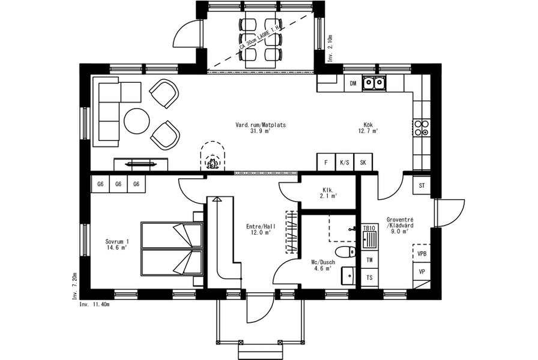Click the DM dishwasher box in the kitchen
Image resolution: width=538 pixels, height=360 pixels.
[x=353, y=83]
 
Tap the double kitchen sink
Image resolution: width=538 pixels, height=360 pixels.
[x=373, y=83]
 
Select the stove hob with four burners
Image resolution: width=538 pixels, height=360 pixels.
[x=422, y=128]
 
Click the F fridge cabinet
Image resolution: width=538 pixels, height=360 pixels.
[x=326, y=162]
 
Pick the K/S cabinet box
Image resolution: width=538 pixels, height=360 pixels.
[x=345, y=162]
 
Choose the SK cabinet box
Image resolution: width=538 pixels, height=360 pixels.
[x=363, y=162]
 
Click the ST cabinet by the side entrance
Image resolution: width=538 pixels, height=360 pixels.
[x=422, y=185]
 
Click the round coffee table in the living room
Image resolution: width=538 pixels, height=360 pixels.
[x=137, y=121]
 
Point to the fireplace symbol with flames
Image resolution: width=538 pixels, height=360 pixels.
[x=213, y=162]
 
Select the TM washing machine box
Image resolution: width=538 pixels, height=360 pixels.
[x=369, y=260]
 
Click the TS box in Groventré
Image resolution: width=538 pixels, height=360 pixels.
[x=369, y=277]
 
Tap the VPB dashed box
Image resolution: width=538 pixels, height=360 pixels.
[x=422, y=253]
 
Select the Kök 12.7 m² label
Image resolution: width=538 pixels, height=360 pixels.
[x=368, y=128]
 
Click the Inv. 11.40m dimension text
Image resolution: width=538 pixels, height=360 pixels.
[x=95, y=304]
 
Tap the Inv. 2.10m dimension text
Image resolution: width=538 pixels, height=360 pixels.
[x=330, y=48]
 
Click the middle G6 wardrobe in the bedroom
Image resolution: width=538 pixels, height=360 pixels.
[x=118, y=184]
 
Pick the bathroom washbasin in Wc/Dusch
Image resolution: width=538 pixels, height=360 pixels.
[x=349, y=275]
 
